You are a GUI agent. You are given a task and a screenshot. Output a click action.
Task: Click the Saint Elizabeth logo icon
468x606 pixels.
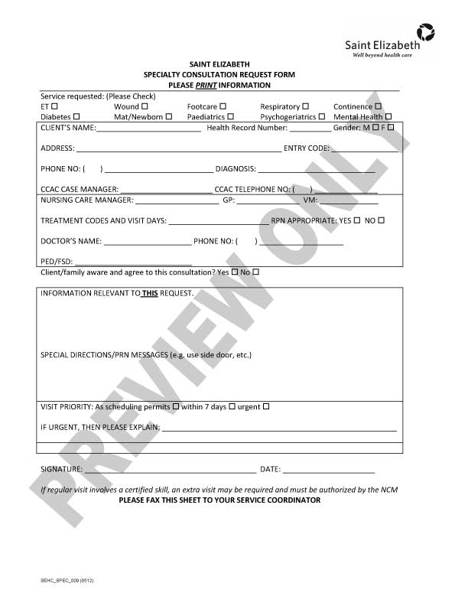425,32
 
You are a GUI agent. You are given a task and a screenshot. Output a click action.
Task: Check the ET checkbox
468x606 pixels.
54,106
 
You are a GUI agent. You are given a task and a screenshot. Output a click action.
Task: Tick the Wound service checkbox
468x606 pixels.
145,106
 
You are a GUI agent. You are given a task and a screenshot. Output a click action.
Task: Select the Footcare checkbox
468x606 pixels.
223,106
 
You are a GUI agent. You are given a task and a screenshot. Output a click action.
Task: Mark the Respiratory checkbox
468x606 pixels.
305,106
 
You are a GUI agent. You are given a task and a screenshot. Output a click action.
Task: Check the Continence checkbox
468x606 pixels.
378,106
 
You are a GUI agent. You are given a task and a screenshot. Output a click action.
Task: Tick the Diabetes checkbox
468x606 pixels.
76,116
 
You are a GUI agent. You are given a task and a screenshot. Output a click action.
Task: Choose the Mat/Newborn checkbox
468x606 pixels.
169,116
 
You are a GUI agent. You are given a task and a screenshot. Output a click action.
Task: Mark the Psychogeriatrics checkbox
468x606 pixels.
322,116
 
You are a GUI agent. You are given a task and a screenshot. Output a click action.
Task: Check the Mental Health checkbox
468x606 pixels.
388,116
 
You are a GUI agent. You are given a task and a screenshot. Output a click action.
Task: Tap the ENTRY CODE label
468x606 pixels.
306,148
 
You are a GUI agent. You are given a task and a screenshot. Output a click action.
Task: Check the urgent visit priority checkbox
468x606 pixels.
266,406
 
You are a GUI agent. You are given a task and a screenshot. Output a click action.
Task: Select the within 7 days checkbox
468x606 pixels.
232,406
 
